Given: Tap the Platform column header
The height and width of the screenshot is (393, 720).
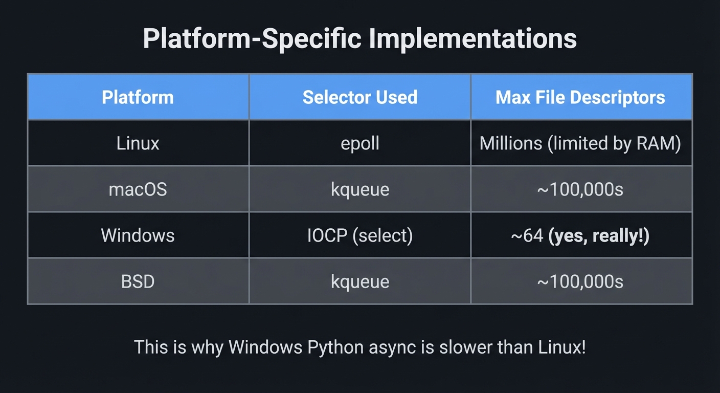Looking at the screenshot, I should [x=138, y=97].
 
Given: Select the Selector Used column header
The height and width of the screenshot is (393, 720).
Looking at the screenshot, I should [x=360, y=97].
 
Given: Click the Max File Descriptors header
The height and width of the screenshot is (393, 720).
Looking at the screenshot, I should [x=580, y=97].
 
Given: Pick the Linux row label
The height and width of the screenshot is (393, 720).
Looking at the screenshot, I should [x=138, y=143].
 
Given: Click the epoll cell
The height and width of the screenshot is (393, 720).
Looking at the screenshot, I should [x=360, y=143].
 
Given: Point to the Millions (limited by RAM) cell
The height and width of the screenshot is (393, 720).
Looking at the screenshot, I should [x=580, y=143].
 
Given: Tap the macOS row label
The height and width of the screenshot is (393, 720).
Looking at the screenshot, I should [x=138, y=189].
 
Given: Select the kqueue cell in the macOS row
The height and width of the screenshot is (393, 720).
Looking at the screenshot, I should [x=360, y=189].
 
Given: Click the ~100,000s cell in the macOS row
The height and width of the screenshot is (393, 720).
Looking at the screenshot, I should [x=580, y=189].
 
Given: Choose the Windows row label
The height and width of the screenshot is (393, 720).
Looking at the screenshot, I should [x=138, y=235].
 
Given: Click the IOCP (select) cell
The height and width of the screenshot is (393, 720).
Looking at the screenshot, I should [x=360, y=235].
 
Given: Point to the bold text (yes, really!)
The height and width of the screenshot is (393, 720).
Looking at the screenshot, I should [x=599, y=236].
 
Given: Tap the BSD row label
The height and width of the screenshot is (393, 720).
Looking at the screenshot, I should [x=138, y=281].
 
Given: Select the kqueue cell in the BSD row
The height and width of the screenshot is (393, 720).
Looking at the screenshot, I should [x=360, y=281].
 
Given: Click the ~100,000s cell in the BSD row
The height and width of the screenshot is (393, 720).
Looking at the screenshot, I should [x=580, y=281].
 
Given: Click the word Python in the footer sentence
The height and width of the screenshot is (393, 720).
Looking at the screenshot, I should [x=335, y=348].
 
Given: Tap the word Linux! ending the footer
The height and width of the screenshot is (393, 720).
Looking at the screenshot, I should [x=562, y=347].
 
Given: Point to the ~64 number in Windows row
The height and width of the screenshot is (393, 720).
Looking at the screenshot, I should [x=527, y=236].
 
